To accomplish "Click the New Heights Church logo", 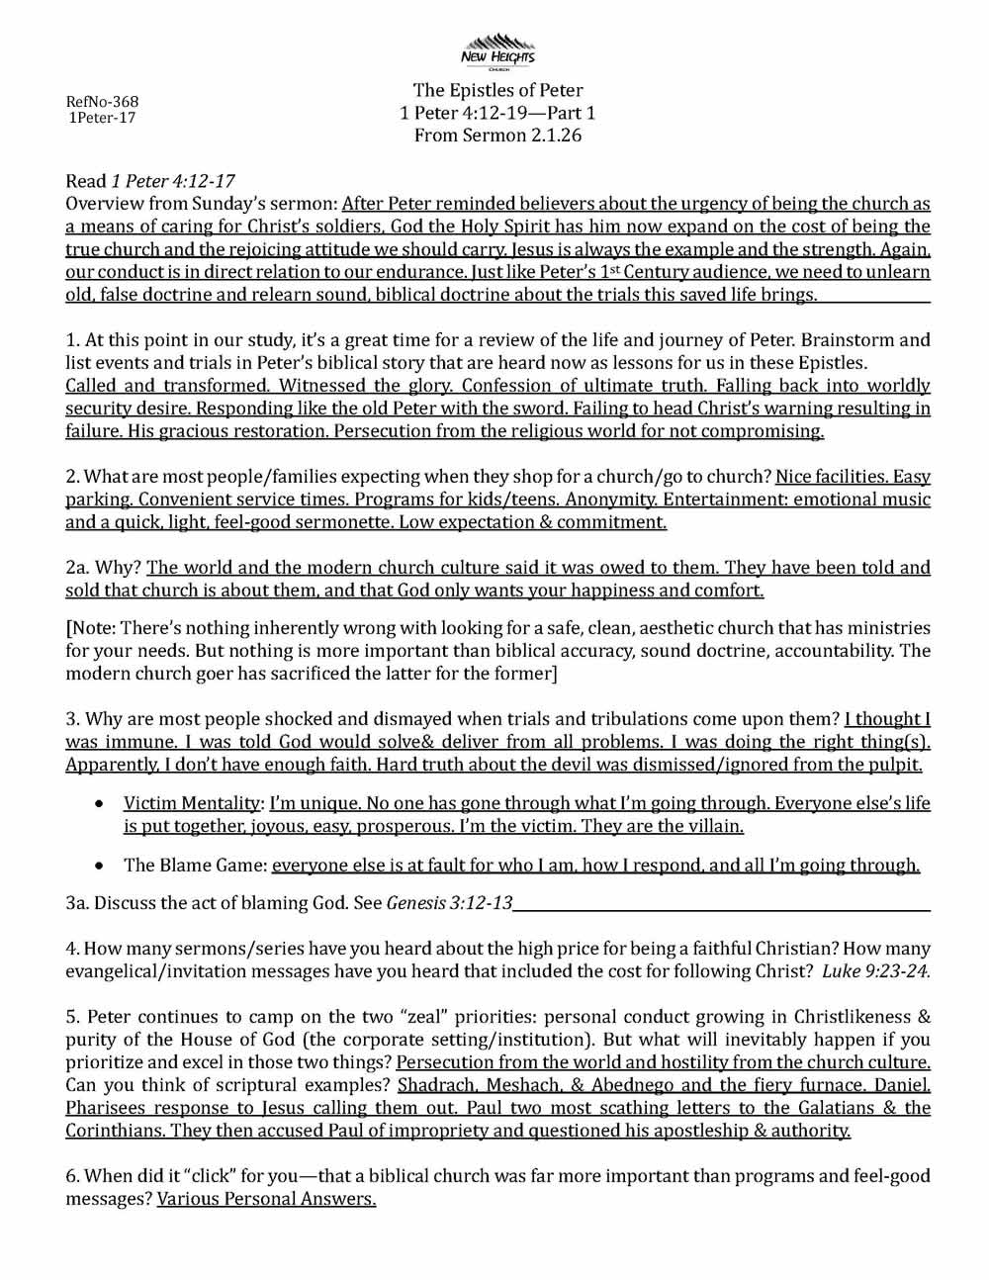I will tap(498, 50).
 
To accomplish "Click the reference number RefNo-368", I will tap(102, 102).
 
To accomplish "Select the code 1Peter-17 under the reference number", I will tap(102, 118).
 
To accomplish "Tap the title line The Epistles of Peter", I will tap(497, 91).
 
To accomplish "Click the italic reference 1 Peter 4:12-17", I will tap(173, 181).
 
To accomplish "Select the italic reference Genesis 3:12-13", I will tap(449, 903).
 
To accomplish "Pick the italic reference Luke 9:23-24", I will tap(876, 971).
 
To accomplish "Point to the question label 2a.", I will tap(78, 568).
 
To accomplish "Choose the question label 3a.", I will tap(77, 903).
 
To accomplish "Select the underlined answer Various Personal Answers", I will tap(266, 1200).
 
